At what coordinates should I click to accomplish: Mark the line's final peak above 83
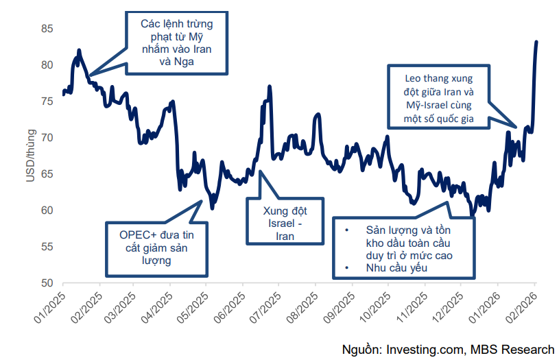click(536, 42)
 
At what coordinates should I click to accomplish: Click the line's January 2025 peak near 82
click(80, 50)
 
